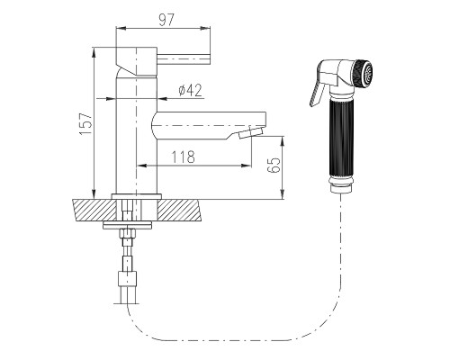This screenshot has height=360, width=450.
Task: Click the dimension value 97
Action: tap(166, 20)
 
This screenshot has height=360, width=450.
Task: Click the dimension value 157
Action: tap(86, 123)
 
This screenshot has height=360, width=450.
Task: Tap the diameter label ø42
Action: tap(190, 90)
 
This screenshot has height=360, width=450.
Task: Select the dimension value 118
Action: tap(183, 157)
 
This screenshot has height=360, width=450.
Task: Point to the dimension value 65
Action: tap(274, 165)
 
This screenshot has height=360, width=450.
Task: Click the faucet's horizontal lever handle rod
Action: tap(184, 58)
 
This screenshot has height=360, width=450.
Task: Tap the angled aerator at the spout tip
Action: tap(251, 132)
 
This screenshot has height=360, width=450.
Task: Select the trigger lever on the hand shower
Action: tap(318, 93)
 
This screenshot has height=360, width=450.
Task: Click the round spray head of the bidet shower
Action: tap(363, 74)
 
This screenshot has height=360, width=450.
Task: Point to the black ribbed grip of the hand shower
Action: tap(342, 139)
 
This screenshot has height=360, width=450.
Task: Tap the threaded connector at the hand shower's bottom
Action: tap(342, 185)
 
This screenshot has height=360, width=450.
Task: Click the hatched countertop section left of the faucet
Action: tap(94, 210)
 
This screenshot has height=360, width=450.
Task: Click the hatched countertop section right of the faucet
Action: tap(179, 210)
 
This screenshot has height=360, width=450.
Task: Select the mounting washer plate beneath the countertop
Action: tap(128, 225)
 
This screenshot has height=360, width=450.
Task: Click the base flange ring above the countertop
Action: tap(137, 196)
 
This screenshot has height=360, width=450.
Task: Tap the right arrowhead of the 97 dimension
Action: tap(205, 28)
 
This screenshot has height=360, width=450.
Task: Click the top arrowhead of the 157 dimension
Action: tap(94, 52)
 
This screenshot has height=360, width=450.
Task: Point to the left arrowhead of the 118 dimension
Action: tap(141, 166)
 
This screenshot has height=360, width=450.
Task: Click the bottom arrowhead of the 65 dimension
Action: tap(283, 194)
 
